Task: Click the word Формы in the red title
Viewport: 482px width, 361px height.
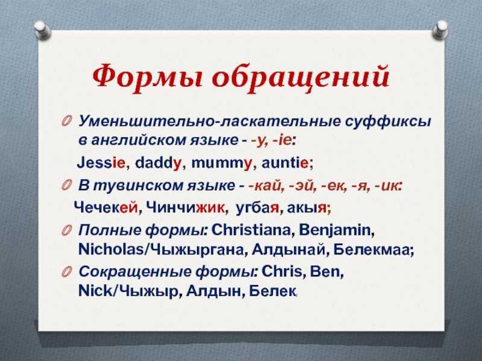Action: click(x=148, y=76)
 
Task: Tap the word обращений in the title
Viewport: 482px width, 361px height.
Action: click(x=301, y=76)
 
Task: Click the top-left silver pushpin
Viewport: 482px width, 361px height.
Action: click(x=42, y=30)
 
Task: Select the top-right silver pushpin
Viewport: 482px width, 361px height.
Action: click(x=440, y=30)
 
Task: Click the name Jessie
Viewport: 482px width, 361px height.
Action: click(x=101, y=162)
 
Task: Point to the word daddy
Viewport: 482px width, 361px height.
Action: click(x=158, y=162)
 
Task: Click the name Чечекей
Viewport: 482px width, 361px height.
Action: click(x=106, y=208)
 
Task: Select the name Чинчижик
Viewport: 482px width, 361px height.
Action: click(x=185, y=208)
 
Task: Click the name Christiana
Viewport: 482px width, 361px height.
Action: click(x=251, y=230)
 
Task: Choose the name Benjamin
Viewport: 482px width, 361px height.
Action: click(x=335, y=230)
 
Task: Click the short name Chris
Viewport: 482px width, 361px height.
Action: click(x=282, y=271)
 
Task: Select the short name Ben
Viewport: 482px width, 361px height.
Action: click(x=325, y=271)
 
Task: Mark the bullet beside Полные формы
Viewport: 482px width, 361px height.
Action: click(x=66, y=230)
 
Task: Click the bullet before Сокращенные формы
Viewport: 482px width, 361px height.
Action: click(x=66, y=272)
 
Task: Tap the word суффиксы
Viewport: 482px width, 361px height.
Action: click(x=388, y=122)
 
